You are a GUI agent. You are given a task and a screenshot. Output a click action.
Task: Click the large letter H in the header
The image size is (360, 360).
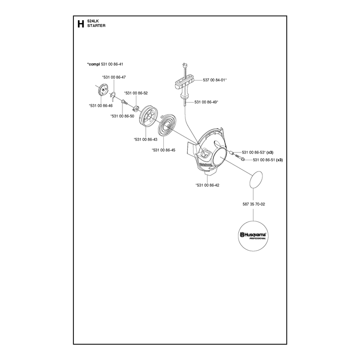81,24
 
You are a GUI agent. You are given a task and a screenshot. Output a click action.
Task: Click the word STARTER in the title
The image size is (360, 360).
96,26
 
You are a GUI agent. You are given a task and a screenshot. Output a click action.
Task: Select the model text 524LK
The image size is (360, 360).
93,21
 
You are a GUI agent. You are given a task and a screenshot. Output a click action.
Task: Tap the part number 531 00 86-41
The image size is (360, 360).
112,64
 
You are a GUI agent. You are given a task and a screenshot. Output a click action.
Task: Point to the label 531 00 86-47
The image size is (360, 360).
114,77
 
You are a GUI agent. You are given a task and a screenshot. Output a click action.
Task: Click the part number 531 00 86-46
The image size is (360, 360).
101,106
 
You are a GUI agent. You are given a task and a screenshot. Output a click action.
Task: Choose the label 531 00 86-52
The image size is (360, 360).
136,93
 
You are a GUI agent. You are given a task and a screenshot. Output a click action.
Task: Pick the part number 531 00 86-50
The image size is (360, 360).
122,116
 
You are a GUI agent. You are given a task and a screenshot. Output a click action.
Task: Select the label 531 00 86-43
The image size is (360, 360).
145,139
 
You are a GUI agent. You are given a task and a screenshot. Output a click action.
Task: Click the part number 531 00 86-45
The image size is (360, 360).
163,150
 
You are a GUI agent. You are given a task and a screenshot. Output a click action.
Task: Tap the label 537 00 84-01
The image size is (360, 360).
215,80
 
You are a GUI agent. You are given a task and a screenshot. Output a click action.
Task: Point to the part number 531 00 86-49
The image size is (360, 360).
206,102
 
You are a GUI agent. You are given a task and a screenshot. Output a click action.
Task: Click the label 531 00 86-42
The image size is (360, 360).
207,185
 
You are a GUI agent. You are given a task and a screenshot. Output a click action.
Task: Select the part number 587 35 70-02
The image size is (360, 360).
254,204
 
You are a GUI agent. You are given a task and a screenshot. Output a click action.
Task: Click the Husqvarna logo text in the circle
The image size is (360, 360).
253,235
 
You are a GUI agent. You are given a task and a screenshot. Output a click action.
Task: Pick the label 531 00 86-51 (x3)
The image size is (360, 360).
268,160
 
